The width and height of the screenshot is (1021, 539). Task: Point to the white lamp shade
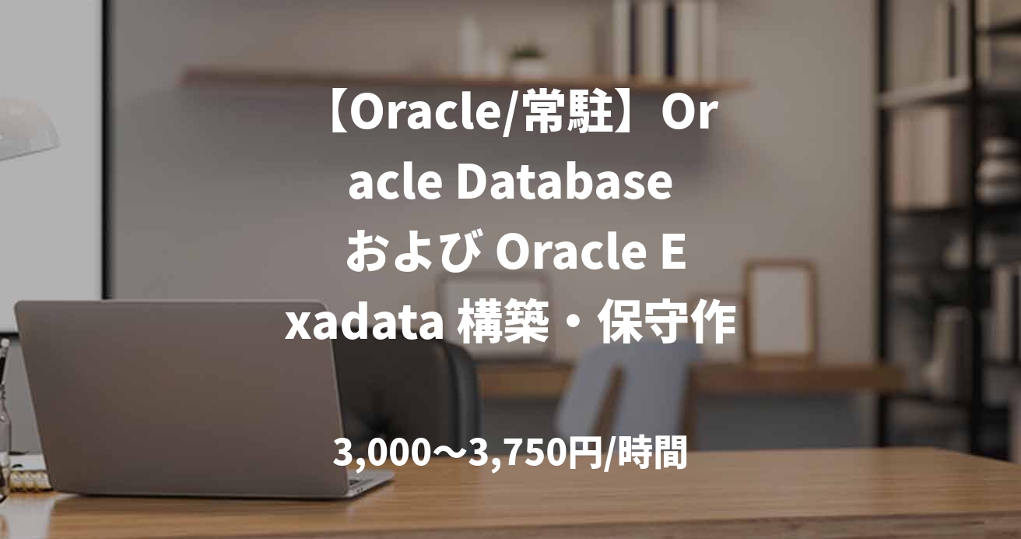[x=23, y=132]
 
